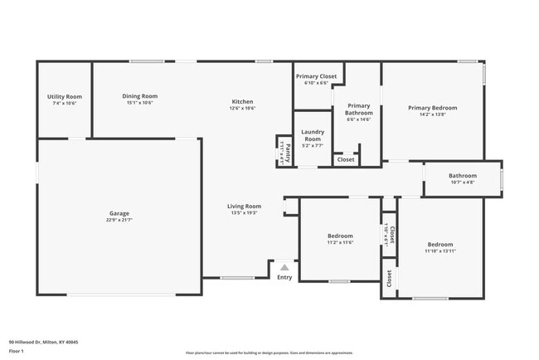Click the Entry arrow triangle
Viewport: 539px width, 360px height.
[284, 267]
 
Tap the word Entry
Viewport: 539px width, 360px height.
[284, 277]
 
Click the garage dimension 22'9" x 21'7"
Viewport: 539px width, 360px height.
[118, 220]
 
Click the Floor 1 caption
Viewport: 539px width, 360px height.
[16, 351]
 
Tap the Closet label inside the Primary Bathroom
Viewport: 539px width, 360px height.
[346, 159]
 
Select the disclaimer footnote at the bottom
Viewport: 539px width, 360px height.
[269, 353]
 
